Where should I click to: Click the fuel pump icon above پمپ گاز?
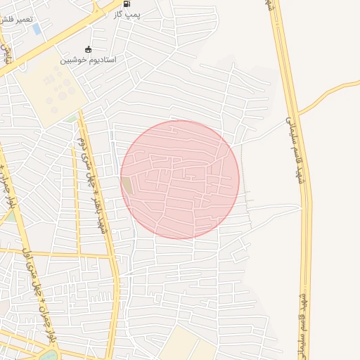click(126, 4)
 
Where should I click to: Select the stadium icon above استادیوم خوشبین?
click(88, 49)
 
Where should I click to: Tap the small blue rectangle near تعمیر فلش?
click(37, 29)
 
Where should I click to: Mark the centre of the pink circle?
click(180, 179)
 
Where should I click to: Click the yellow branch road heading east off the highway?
click(337, 90)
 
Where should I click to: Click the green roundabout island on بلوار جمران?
click(49, 356)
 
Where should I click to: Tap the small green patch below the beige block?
click(71, 119)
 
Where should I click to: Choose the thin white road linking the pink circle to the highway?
click(274, 208)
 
